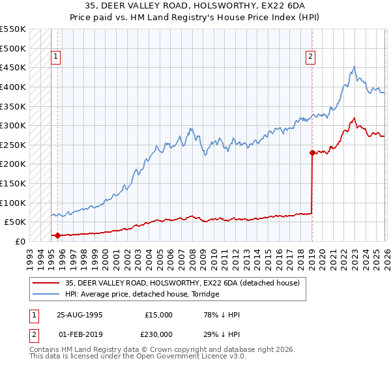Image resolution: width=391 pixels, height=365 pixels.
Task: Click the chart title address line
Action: point(195,5)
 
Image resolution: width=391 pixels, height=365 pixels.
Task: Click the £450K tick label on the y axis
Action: point(13,67)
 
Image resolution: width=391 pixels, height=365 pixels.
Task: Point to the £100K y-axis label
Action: point(13,203)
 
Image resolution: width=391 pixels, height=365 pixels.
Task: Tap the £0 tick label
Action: point(20,241)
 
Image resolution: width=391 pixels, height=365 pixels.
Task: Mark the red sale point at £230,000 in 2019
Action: point(312,153)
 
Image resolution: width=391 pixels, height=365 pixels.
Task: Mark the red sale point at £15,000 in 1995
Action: point(57,235)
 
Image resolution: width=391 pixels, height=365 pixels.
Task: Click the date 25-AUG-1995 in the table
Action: point(80,314)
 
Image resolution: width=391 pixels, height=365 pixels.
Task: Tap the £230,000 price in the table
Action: point(158,334)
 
